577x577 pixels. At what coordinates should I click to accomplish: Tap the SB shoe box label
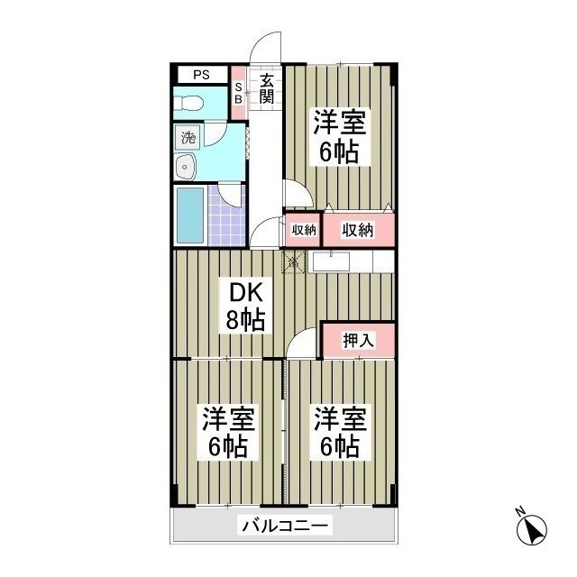(239, 93)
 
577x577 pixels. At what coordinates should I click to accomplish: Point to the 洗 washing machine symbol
(188, 138)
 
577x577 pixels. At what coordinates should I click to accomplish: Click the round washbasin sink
(187, 166)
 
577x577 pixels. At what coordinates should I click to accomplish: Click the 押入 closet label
(358, 340)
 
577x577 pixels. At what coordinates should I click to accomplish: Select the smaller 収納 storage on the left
(303, 230)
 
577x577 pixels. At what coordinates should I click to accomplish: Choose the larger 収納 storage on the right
(358, 229)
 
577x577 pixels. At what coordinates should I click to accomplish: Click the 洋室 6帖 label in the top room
(338, 135)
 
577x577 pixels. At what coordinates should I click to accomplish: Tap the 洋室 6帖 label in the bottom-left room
(226, 433)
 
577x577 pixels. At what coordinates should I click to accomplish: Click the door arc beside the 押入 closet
(307, 343)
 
